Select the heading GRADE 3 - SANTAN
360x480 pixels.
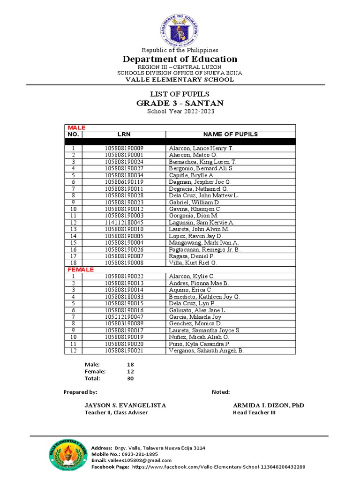[x=180, y=103]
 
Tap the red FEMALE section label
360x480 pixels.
[x=81, y=270]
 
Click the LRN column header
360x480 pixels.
[x=124, y=135]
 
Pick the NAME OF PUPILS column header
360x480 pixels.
[x=230, y=135]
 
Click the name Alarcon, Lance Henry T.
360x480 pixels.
[x=201, y=148]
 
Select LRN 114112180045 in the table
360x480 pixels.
[x=124, y=222]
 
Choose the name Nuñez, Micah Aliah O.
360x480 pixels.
[x=199, y=337]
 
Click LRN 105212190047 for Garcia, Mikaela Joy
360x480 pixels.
[x=124, y=317]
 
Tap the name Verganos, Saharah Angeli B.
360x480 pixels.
[x=206, y=351]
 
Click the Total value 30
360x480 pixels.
[x=130, y=378]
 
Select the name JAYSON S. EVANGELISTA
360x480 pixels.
[x=125, y=405]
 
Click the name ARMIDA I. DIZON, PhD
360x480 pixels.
[x=271, y=405]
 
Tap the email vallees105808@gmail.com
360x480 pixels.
[x=140, y=460]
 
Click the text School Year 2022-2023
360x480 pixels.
[x=180, y=112]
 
